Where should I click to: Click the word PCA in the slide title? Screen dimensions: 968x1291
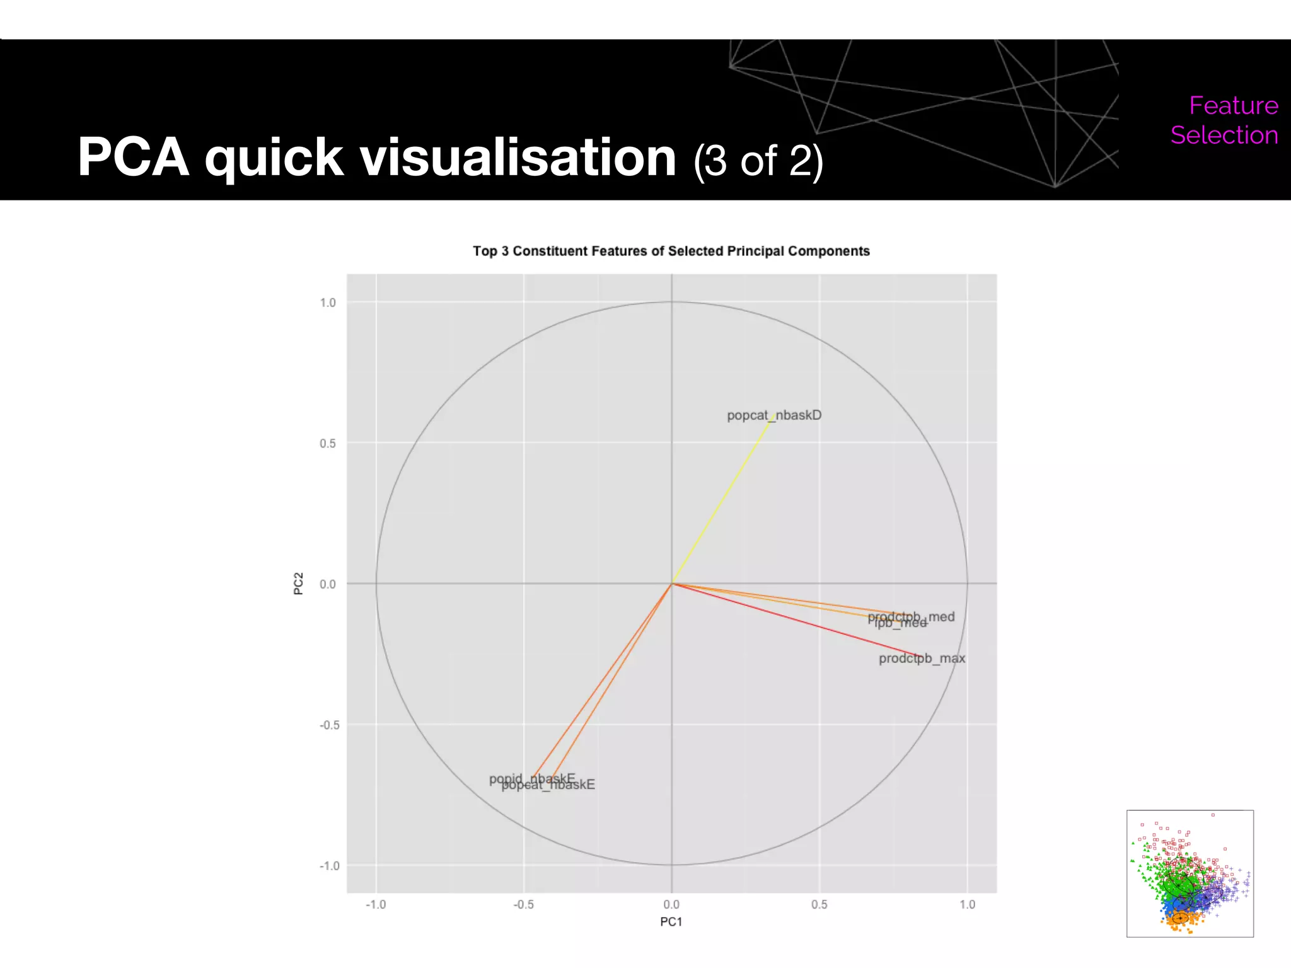(x=133, y=158)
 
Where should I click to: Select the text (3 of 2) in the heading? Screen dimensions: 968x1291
(x=758, y=161)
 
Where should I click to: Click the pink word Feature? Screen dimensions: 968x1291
(x=1233, y=105)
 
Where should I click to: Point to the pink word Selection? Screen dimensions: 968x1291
(x=1224, y=135)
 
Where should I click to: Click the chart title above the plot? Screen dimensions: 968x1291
(x=671, y=251)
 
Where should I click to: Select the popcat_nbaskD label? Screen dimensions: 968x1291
(x=774, y=415)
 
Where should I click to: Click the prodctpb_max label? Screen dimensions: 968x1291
(x=922, y=659)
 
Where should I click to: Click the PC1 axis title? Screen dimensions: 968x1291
(x=671, y=922)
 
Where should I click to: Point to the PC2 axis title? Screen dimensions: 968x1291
(x=299, y=584)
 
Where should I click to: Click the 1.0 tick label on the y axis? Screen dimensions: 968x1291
(x=328, y=302)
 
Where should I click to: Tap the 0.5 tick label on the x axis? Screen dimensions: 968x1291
(x=819, y=904)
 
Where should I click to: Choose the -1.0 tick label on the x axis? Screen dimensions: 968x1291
(x=376, y=904)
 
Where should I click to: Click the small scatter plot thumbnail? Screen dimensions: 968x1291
(x=1190, y=873)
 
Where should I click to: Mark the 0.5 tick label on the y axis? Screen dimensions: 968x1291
(x=328, y=443)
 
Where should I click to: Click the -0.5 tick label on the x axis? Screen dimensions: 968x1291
(x=523, y=904)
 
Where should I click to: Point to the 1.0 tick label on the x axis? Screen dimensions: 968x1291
(x=967, y=904)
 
